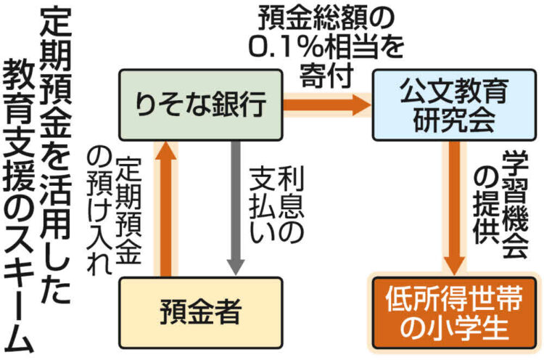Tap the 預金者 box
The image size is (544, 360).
pos(200,314)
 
